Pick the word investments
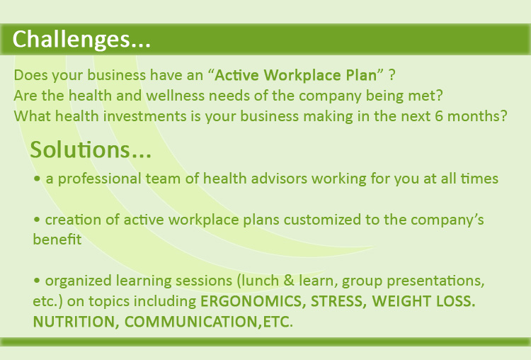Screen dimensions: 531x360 [x=145, y=116]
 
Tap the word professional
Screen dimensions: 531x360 [x=100, y=179]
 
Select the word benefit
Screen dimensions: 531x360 [x=57, y=240]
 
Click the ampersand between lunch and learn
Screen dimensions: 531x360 [x=289, y=281]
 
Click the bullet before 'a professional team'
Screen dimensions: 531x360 [x=37, y=179]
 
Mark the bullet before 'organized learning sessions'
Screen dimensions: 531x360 [x=37, y=281]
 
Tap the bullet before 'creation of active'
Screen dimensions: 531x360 [x=37, y=220]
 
